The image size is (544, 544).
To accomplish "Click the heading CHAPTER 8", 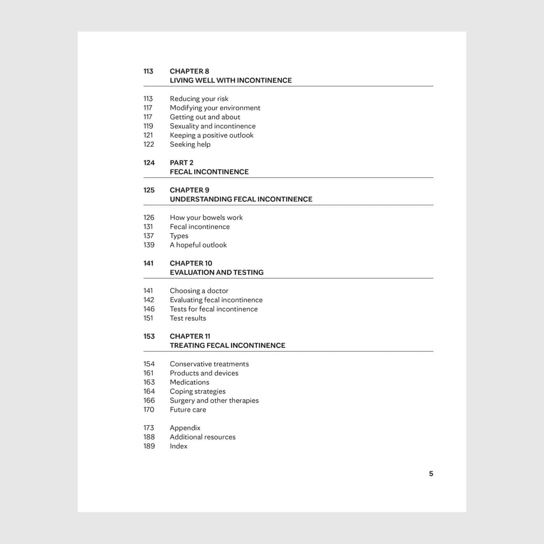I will [189, 71].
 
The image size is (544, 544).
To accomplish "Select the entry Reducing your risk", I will [199, 99].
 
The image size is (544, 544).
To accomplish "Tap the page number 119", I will [148, 126].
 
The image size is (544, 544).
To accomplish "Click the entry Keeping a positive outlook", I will [211, 135].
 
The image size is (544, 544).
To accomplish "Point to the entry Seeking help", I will [190, 144].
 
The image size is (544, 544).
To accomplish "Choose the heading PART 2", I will [181, 162].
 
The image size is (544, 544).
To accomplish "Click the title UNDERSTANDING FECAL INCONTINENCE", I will [241, 199].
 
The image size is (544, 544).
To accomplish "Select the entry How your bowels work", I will [206, 218].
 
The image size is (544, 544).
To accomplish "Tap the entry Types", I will [179, 236].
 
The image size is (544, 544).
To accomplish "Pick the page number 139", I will [149, 245].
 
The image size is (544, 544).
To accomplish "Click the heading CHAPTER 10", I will [191, 263].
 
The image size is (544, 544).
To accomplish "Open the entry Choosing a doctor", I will [199, 291].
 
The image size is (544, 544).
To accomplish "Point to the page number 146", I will [149, 309].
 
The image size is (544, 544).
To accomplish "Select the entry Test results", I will [188, 318].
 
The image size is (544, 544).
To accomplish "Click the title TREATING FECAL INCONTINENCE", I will [227, 345].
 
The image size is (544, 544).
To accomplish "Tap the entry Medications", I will [189, 382].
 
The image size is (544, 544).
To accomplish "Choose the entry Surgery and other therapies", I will [214, 400].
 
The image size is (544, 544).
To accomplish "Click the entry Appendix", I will [185, 428].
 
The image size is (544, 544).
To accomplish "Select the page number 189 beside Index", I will [149, 446].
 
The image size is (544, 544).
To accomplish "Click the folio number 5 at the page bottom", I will [431, 473].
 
